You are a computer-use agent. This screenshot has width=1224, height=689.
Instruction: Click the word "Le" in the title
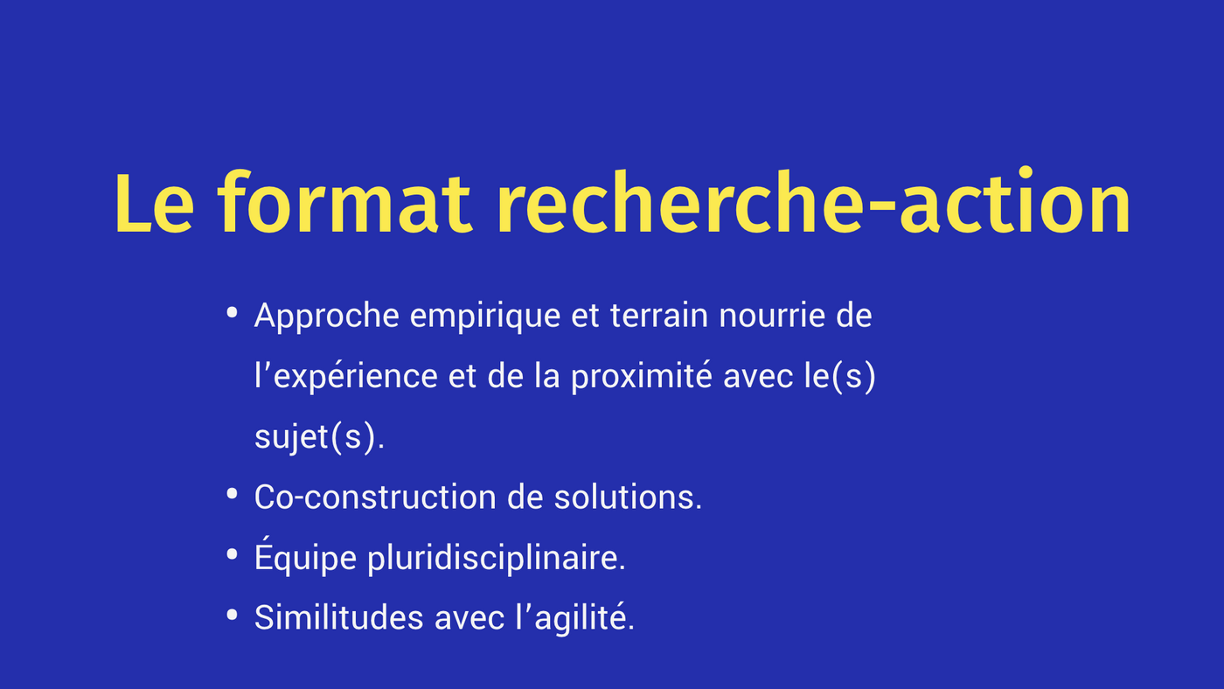click(x=154, y=204)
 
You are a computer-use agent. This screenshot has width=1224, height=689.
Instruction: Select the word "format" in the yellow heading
click(x=344, y=202)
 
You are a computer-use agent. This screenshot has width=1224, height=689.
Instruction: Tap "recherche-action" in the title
click(x=813, y=200)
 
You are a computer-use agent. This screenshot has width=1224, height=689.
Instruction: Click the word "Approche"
click(x=327, y=317)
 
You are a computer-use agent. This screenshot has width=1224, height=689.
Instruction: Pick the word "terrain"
click(x=659, y=316)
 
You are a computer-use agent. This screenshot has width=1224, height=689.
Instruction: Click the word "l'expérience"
click(x=346, y=378)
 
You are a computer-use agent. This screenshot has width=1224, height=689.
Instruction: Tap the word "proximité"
click(x=642, y=377)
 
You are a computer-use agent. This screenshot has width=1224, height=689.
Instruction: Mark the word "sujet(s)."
click(x=320, y=438)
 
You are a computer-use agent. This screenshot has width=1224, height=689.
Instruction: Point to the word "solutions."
click(x=628, y=497)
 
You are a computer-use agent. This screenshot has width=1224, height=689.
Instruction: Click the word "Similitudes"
click(x=339, y=617)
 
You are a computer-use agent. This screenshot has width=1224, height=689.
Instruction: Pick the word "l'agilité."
click(x=575, y=618)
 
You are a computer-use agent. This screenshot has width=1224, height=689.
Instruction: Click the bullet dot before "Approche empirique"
click(x=233, y=313)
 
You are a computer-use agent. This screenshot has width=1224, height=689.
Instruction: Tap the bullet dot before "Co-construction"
click(x=233, y=494)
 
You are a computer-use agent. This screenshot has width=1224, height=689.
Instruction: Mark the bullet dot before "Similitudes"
click(x=233, y=615)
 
